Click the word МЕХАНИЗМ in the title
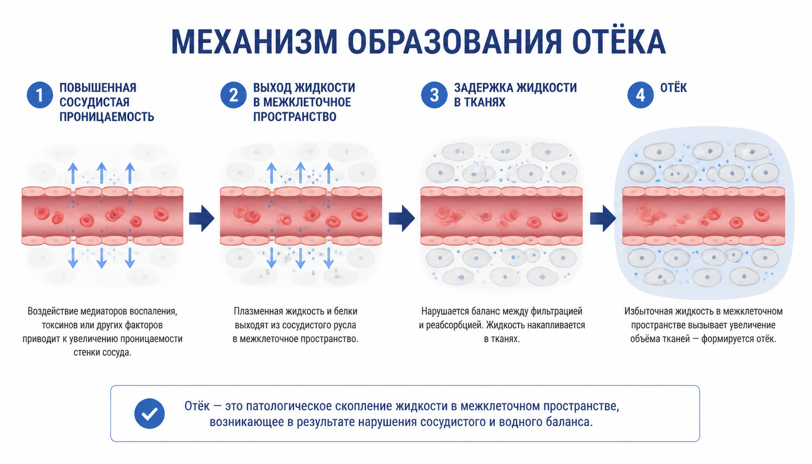[254, 41]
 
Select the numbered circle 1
[40, 95]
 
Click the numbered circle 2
[233, 95]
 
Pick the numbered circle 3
[434, 95]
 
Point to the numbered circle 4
[641, 95]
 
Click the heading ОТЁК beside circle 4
[673, 87]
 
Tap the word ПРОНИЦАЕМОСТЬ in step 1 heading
[107, 116]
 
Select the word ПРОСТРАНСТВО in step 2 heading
[295, 116]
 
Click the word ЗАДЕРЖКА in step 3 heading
[483, 88]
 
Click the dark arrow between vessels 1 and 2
[202, 218]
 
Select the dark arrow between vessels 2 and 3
[402, 218]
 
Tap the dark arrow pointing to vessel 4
[603, 218]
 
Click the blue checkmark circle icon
[149, 414]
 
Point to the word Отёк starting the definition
[197, 406]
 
